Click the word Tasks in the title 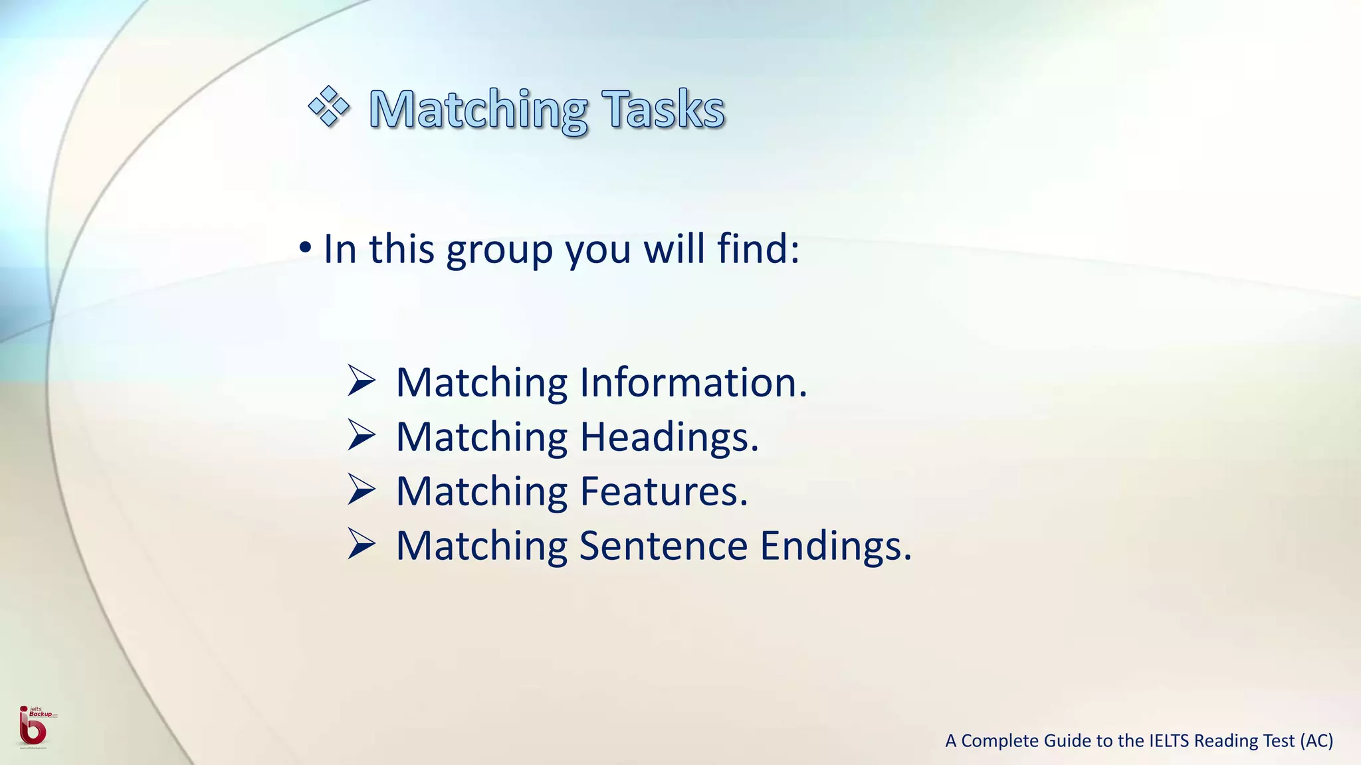pyautogui.click(x=663, y=109)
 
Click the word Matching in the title pyautogui.click(x=478, y=110)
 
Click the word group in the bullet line pyautogui.click(x=499, y=250)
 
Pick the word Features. pyautogui.click(x=663, y=491)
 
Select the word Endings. pyautogui.click(x=835, y=547)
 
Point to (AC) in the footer pyautogui.click(x=1316, y=740)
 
